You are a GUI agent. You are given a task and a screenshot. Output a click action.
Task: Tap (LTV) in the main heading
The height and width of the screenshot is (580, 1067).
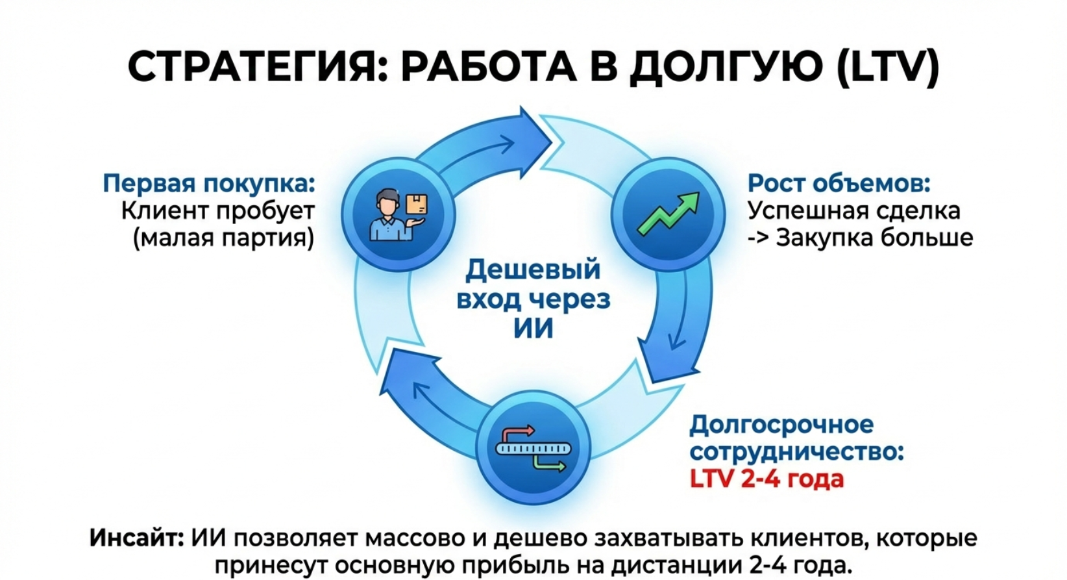887,67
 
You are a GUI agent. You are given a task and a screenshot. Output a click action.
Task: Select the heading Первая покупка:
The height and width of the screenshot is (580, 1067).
208,184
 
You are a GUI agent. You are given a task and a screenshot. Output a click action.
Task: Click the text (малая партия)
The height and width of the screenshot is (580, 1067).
223,238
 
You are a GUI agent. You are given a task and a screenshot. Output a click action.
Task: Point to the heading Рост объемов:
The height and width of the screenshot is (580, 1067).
839,184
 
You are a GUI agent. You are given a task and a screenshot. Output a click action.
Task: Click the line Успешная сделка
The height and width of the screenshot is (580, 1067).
853,210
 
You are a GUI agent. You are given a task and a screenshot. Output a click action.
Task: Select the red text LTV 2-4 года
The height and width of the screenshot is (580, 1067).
767,479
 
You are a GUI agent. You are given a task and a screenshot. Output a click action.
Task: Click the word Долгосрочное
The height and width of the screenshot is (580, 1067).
781,425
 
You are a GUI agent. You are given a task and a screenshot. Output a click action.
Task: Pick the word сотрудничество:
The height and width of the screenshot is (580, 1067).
796,452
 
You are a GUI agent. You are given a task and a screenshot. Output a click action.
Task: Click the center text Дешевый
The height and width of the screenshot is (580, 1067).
533,270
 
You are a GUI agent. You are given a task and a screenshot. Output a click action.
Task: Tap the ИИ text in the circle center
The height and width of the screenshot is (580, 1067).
533,328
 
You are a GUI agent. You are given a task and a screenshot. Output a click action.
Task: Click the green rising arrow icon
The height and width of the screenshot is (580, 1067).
668,213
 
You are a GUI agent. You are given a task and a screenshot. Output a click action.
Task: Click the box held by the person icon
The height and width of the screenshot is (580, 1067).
417,205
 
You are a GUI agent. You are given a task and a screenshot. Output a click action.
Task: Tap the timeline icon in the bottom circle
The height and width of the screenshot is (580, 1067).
533,448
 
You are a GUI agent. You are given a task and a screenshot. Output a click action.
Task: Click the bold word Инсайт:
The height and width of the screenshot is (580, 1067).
136,538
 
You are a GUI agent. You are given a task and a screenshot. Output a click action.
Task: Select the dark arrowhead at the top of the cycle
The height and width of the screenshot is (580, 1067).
532,133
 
